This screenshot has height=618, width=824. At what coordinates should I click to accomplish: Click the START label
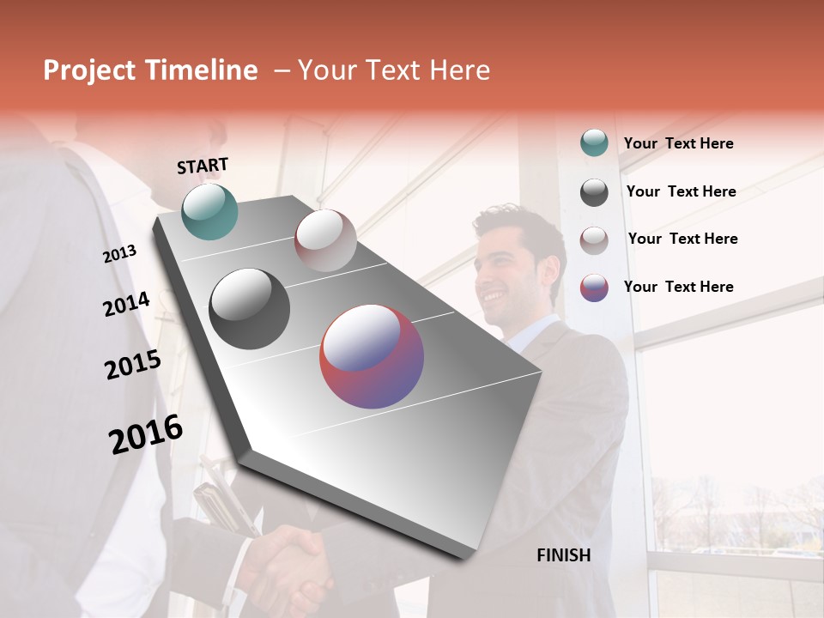pos(203,166)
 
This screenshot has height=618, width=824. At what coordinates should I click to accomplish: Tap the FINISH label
pos(563,555)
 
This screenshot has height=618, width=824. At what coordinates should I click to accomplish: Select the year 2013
pos(119,254)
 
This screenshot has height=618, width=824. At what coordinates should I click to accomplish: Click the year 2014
pos(126,304)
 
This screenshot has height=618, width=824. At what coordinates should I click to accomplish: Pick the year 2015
pos(133,365)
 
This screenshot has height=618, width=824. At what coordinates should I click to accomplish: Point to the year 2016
pos(146,434)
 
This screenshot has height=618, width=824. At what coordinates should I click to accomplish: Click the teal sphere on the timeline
pos(209,211)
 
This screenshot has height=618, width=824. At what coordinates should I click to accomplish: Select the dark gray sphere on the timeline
pos(250,309)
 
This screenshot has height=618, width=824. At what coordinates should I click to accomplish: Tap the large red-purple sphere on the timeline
pos(372,356)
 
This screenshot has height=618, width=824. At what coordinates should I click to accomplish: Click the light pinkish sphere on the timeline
pos(325,240)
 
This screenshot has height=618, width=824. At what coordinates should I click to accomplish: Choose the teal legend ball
pos(594,143)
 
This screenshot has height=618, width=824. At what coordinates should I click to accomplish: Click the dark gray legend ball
pos(594,192)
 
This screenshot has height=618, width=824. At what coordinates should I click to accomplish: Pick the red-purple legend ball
pos(594,288)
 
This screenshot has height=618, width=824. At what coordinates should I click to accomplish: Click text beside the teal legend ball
pos(678,143)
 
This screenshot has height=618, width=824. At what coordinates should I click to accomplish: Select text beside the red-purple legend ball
pos(678,287)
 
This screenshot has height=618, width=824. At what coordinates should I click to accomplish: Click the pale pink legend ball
pos(594,239)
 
